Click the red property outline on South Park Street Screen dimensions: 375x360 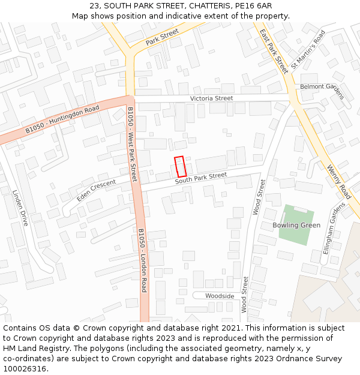coord(180,166)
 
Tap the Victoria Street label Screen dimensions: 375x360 coord(211,98)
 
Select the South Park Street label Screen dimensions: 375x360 coord(201,178)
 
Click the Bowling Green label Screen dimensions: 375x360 coord(296,225)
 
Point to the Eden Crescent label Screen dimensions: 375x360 coord(96,191)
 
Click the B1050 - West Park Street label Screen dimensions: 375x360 coord(132,144)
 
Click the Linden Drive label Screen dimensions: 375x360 coord(20,208)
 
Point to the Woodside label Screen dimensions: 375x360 coord(220,296)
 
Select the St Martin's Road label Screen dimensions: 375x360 coord(307,49)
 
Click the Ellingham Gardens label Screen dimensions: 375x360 coord(334,228)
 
